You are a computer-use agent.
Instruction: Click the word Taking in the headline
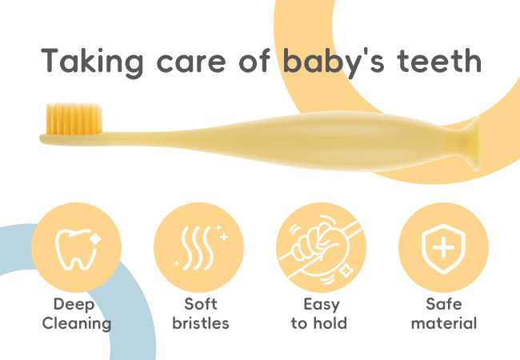(92, 62)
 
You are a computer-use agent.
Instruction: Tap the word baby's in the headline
(334, 62)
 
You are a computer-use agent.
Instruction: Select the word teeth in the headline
(438, 60)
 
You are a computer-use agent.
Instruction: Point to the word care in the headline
(191, 64)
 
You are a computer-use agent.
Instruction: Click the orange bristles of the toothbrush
(74, 118)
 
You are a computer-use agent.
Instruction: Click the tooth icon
(78, 249)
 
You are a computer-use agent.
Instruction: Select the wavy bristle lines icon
(201, 248)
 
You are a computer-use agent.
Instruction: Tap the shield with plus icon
(443, 248)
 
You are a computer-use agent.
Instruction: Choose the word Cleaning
(77, 324)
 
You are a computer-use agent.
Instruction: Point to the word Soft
(201, 304)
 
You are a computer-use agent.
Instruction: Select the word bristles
(201, 323)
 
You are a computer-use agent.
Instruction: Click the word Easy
(322, 305)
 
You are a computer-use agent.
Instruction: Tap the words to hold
(319, 323)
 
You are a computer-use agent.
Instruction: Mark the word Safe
(444, 304)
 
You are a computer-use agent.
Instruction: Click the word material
(444, 323)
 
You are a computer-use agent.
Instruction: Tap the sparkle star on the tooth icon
(94, 239)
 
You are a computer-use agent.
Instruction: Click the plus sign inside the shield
(444, 247)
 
